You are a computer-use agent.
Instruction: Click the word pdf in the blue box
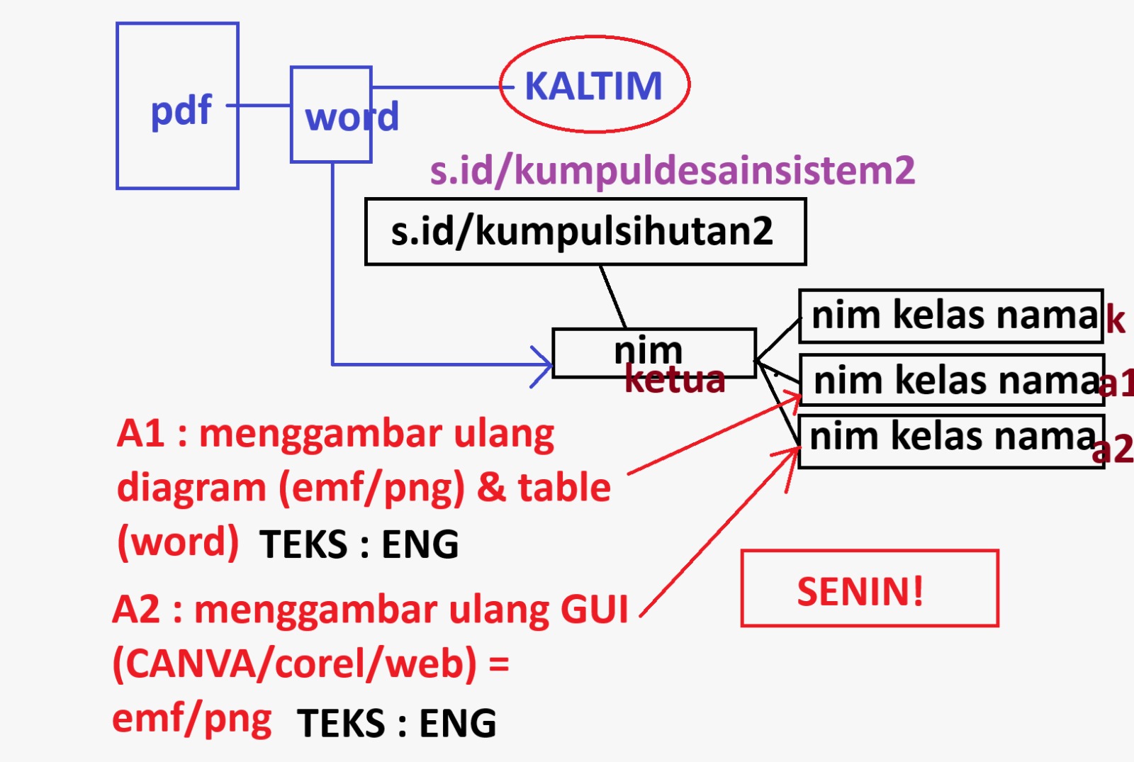[x=181, y=110]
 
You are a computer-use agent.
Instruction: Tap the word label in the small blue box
[x=351, y=117]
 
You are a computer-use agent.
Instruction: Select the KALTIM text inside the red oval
[x=593, y=86]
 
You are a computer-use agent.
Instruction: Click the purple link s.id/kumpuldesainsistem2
[x=672, y=170]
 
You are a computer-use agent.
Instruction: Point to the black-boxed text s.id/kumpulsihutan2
[x=583, y=231]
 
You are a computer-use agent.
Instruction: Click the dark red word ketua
[x=675, y=380]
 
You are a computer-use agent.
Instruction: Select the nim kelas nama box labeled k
[x=950, y=315]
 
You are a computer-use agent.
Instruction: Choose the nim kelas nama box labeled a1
[x=952, y=381]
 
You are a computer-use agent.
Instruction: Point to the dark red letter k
[x=1115, y=320]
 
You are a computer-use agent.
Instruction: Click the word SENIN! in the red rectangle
[x=860, y=591]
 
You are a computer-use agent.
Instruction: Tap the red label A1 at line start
[x=140, y=433]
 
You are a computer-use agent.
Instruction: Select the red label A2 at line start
[x=136, y=610]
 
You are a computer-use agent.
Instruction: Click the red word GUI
[x=594, y=610]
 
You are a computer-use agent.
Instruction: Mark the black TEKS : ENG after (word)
[x=359, y=544]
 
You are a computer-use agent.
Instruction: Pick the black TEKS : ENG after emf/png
[x=397, y=723]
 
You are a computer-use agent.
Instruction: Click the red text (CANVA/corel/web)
[x=295, y=664]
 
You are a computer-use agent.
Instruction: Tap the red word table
[x=564, y=488]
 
